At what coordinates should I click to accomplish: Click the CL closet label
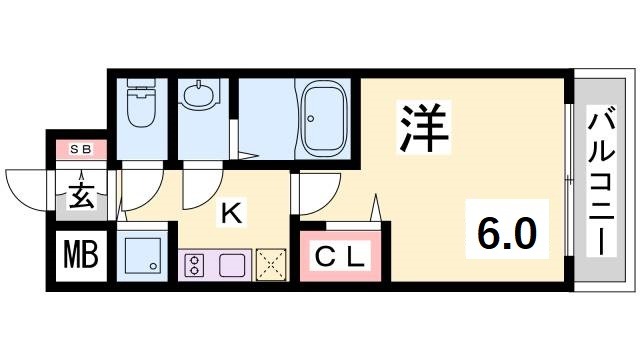[341, 257]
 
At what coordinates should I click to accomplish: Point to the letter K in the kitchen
[230, 212]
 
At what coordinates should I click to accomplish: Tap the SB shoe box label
[81, 149]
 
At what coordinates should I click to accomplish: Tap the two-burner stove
[194, 266]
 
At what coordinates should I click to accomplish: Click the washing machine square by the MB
[143, 256]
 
